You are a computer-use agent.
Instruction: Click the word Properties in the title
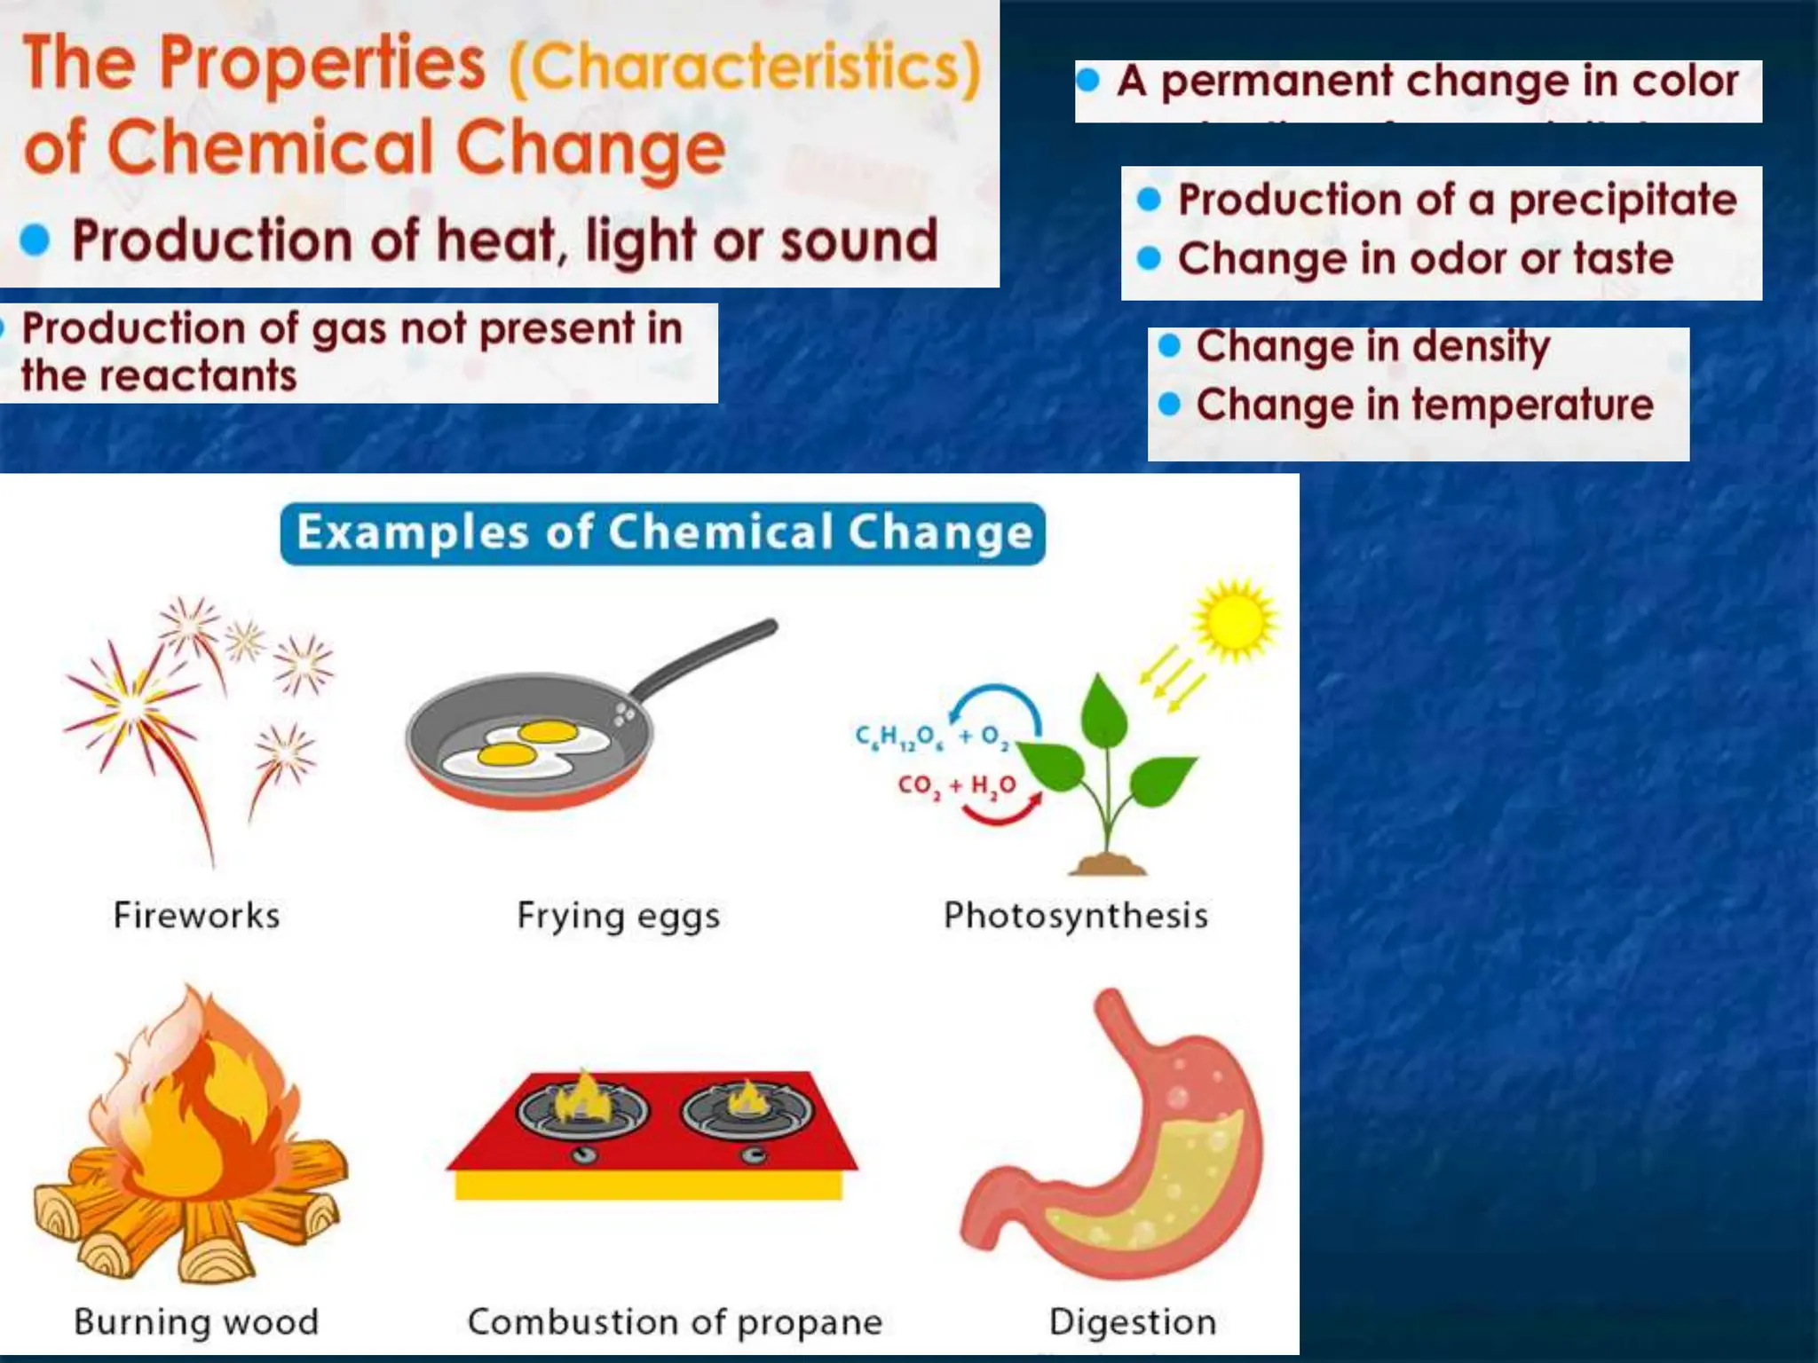pos(321,64)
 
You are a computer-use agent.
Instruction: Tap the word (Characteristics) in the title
pos(744,67)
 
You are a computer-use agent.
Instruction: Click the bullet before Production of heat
pos(35,240)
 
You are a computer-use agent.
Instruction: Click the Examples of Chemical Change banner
pos(662,533)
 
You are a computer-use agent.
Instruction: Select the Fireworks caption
pos(197,915)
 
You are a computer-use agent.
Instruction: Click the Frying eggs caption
pos(618,915)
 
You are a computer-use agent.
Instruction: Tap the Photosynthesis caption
pos(1075,915)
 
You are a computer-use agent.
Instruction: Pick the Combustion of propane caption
pos(675,1321)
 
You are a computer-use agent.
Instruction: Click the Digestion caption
pos(1132,1321)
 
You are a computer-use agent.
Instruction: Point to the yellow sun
pos(1234,620)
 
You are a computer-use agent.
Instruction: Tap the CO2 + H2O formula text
pos(956,785)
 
